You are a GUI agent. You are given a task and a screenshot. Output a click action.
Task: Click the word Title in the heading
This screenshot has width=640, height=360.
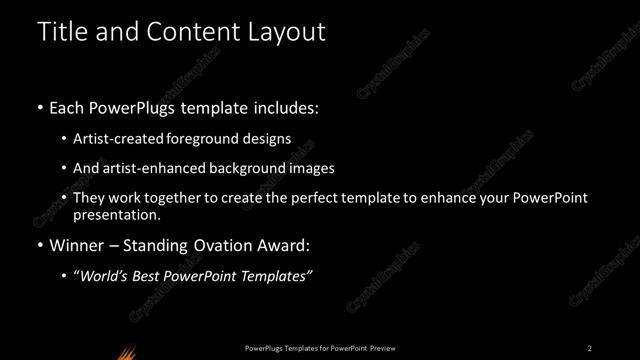coord(63,32)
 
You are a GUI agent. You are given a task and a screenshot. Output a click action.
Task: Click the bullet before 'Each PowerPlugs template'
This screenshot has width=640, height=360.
coord(39,108)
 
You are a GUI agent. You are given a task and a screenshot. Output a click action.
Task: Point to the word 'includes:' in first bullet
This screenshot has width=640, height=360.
coord(286,107)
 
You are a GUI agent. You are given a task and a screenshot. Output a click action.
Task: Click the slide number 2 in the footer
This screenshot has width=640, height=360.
coord(590,347)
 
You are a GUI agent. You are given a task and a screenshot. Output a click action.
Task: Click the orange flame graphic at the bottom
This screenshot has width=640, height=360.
coord(126,351)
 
